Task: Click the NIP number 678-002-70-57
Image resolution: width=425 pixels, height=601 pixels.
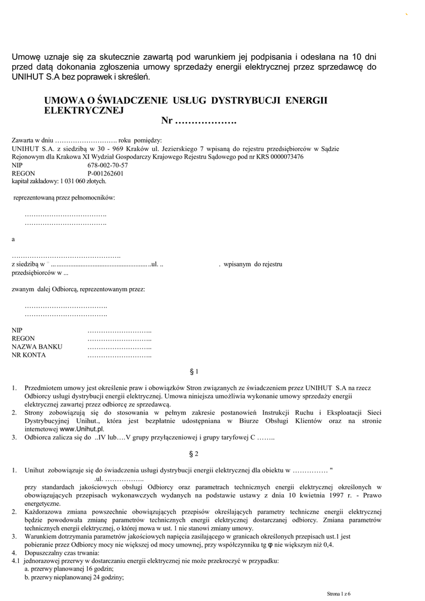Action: [107, 166]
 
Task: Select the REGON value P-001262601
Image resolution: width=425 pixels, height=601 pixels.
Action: [106, 174]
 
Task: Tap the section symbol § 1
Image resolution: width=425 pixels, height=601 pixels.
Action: [195, 372]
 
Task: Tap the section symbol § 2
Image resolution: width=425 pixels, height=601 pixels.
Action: [195, 454]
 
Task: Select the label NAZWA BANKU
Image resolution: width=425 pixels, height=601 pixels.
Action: [37, 347]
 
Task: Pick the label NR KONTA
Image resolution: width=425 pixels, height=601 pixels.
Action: [33, 355]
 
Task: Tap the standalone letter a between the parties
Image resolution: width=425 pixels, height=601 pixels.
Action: [13, 239]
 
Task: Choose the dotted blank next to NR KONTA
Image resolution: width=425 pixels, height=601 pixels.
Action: [120, 355]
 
